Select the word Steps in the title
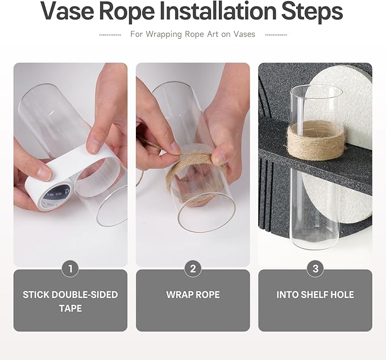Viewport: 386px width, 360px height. [312, 12]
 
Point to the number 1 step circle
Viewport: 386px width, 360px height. [70, 268]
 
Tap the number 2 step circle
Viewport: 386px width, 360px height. [193, 268]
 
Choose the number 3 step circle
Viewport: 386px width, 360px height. [316, 268]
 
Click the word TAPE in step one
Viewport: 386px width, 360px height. [70, 308]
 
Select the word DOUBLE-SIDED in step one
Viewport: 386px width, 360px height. [85, 295]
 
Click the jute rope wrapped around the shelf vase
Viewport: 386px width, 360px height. [316, 140]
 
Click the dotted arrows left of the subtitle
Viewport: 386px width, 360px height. [110, 35]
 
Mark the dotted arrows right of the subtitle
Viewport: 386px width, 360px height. [276, 35]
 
